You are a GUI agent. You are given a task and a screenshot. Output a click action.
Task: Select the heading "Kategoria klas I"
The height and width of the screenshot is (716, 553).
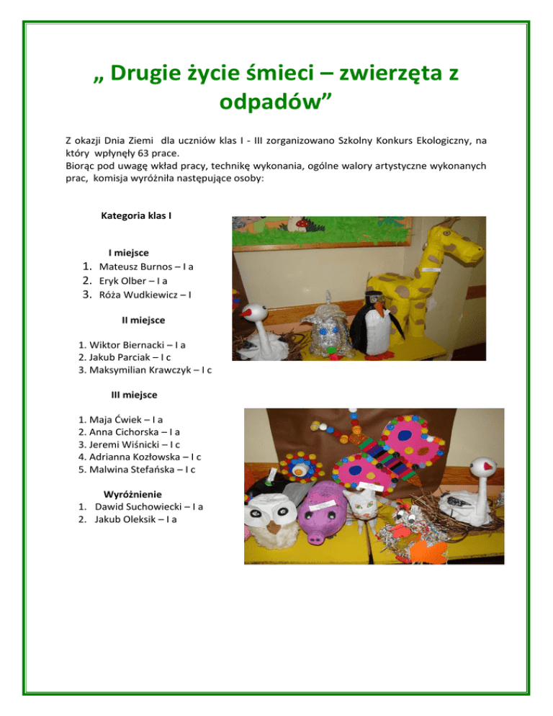(x=136, y=215)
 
